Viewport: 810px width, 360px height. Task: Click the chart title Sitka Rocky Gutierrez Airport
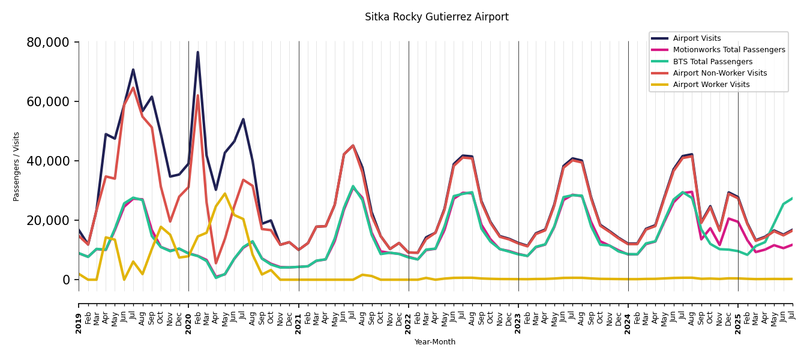click(436, 17)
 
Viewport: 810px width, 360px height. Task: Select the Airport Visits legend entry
click(697, 38)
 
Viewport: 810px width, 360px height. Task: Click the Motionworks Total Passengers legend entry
click(728, 50)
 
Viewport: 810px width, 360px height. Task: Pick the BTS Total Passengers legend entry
click(712, 62)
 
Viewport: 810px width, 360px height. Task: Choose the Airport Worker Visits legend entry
click(711, 85)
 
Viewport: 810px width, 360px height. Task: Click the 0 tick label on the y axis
click(65, 280)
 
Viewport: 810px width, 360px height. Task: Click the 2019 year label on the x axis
click(79, 323)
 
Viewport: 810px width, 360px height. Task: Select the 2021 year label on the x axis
click(299, 323)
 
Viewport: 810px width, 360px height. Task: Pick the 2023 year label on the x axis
click(518, 323)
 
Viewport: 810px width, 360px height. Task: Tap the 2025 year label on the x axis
click(738, 323)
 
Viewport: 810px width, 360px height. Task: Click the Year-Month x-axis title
click(435, 342)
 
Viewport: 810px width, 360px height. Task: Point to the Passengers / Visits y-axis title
click(17, 166)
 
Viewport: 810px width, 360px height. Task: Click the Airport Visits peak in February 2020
click(197, 52)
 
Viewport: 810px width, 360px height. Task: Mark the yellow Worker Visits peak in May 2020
click(225, 194)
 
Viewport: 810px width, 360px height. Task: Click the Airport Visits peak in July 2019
click(133, 70)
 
